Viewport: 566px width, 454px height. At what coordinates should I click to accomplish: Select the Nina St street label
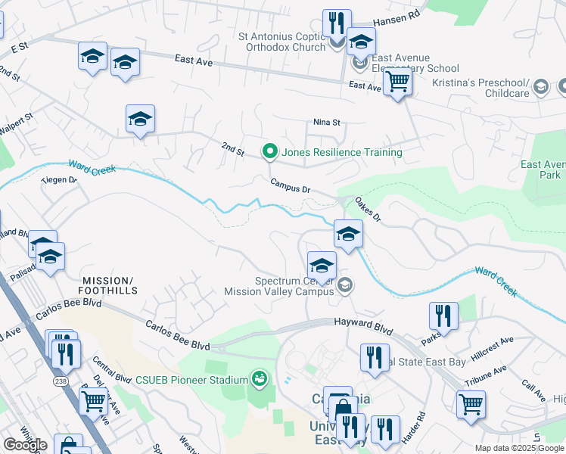[328, 122]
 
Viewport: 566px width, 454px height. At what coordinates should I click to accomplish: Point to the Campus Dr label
[291, 185]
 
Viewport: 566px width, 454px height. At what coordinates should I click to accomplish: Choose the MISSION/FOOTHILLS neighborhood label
[110, 285]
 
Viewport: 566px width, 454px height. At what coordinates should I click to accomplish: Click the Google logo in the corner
[25, 444]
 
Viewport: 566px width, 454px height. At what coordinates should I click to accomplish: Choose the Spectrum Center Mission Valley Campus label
[279, 285]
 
